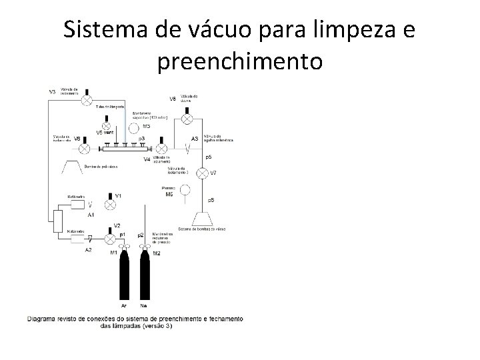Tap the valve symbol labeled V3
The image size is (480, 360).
click(85, 100)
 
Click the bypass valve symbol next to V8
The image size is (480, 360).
click(187, 118)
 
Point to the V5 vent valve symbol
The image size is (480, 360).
click(106, 125)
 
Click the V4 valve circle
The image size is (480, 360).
click(162, 149)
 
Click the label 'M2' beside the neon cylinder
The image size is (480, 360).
click(157, 253)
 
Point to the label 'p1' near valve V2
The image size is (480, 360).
click(123, 235)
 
